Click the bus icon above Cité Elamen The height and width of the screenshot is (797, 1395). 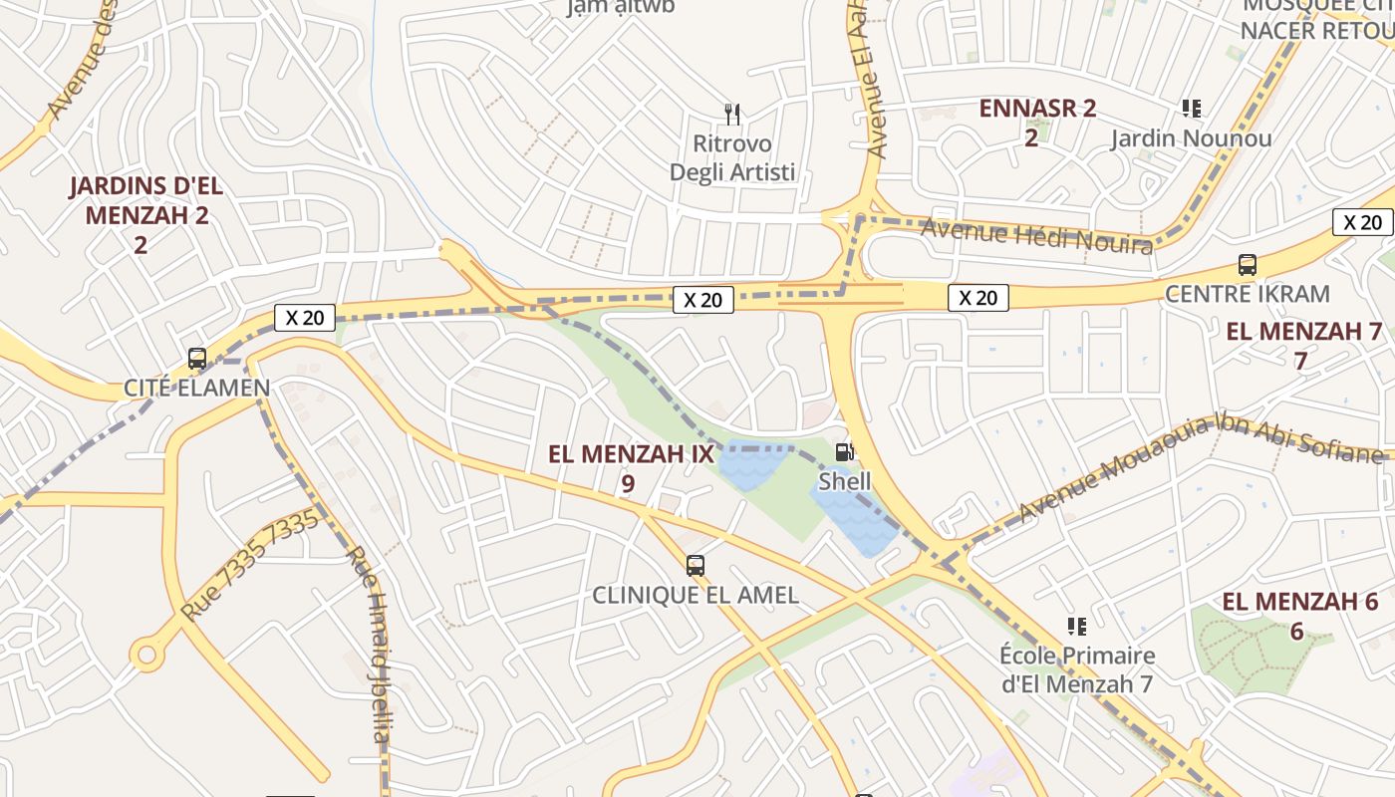[197, 358]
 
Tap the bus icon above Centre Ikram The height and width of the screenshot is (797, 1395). [1247, 265]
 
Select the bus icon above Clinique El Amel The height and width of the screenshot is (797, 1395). [696, 566]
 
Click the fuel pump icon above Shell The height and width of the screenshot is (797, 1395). [844, 453]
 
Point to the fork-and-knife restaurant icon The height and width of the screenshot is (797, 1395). [732, 115]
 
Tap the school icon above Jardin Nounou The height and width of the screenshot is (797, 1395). [1191, 108]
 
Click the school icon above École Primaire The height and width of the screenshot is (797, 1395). [1076, 626]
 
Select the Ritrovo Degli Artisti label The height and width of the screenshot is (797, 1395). [732, 158]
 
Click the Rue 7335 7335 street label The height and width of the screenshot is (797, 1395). [252, 564]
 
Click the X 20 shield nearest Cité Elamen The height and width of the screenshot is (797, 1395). [304, 318]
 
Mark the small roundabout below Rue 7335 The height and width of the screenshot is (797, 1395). [147, 655]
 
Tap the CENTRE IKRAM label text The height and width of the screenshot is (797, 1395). [1247, 294]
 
